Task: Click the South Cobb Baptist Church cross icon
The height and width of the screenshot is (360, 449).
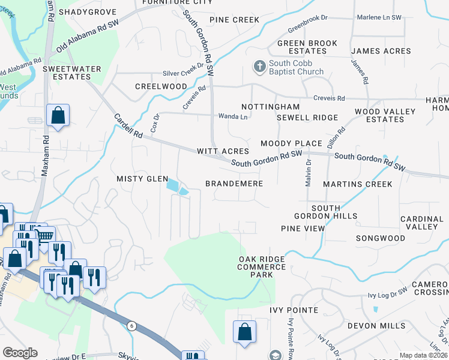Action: (259, 67)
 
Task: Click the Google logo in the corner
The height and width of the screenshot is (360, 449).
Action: (20, 353)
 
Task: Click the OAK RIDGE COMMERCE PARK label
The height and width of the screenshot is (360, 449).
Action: (262, 267)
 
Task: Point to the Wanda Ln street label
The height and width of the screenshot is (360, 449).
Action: (233, 116)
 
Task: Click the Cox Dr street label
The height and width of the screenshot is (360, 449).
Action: (155, 124)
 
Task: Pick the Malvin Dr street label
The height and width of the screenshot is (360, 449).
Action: (308, 173)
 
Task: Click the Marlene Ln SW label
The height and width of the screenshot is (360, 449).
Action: (378, 18)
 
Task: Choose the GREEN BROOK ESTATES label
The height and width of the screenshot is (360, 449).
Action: (307, 47)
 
